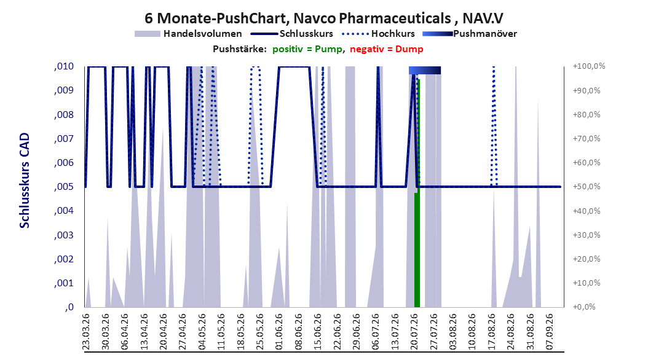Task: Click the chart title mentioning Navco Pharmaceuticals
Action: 323,18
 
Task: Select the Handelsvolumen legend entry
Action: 189,34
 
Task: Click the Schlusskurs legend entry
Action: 292,34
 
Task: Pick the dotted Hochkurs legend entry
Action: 378,34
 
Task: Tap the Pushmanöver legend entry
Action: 470,34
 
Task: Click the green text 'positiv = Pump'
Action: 307,49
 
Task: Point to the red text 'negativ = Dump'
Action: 387,49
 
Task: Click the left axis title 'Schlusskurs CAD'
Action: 25,181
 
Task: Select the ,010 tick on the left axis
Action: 64,66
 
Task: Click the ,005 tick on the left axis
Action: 64,187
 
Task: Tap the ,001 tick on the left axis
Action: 64,283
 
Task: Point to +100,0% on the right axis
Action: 589,66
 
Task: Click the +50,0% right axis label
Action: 587,187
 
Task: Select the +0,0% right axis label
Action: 584,307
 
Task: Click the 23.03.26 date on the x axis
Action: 86,332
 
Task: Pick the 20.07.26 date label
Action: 414,332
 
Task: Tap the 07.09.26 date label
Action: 549,332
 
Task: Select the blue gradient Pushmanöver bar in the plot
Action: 425,70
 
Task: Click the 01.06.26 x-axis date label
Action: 279,332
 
